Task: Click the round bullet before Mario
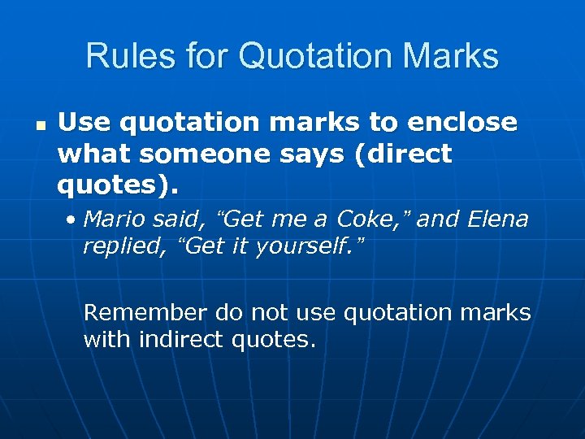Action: (73, 219)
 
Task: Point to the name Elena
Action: (495, 219)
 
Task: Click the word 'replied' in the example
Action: (120, 246)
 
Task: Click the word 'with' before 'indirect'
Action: (107, 340)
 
